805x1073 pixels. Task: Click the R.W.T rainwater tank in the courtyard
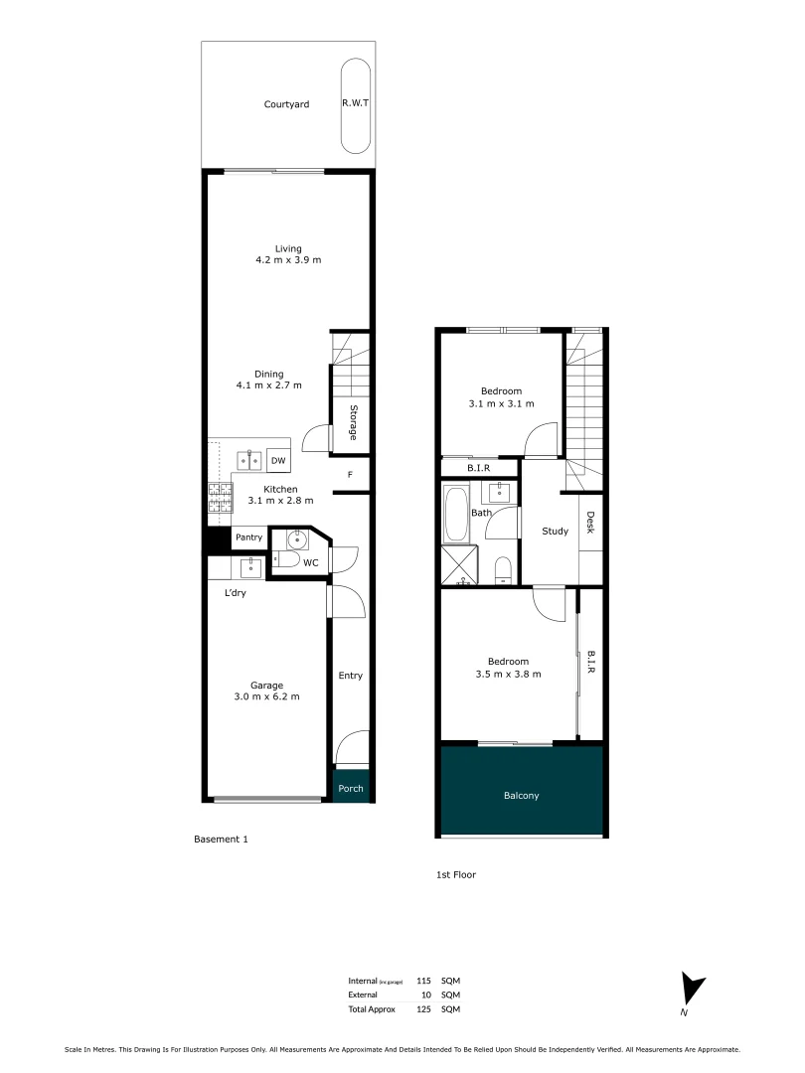pos(356,104)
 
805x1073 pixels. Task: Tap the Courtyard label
pos(286,104)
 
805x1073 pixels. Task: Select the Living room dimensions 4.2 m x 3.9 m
pos(288,260)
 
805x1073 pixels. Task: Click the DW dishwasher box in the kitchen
pos(278,461)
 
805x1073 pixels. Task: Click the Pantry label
pos(248,537)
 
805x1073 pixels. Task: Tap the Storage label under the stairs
pos(353,422)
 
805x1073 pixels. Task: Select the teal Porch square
pos(351,789)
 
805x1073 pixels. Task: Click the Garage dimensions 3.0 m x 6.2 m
pos(266,696)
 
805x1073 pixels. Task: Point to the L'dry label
pos(235,593)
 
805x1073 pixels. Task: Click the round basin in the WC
pos(296,539)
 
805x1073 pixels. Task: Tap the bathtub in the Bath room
pos(456,514)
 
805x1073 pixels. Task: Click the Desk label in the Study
pos(590,523)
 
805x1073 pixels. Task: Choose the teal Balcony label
pos(522,796)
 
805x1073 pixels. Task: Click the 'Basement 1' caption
pos(220,840)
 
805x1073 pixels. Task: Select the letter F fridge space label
pos(350,475)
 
